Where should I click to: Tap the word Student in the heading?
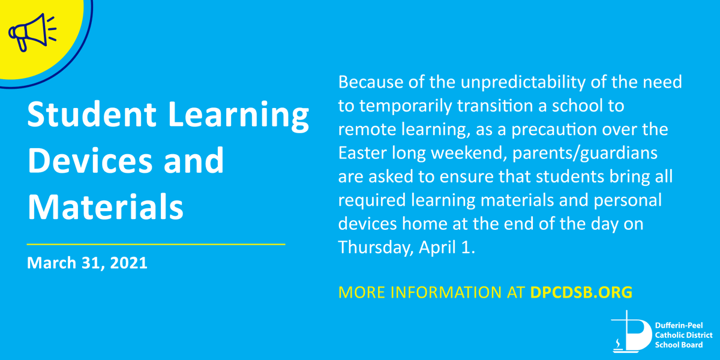pos(92,114)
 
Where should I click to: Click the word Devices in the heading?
pos(90,160)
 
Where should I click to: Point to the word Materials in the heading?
pos(106,206)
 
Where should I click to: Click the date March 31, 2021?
pos(87,263)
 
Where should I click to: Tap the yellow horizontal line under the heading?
pos(156,244)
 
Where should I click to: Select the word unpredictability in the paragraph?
pos(523,83)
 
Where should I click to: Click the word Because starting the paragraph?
pos(371,82)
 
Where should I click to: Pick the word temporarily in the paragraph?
pos(406,106)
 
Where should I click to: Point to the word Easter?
pos(362,153)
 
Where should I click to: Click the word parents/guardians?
pos(584,154)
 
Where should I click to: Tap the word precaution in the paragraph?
pos(554,130)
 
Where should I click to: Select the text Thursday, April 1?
pos(407,248)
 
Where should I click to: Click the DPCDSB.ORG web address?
pos(581,292)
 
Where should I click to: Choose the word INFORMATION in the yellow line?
pos(446,292)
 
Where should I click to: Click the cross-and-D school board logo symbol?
pos(631,331)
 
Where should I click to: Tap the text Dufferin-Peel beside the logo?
pos(679,325)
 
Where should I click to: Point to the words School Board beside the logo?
pos(679,345)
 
